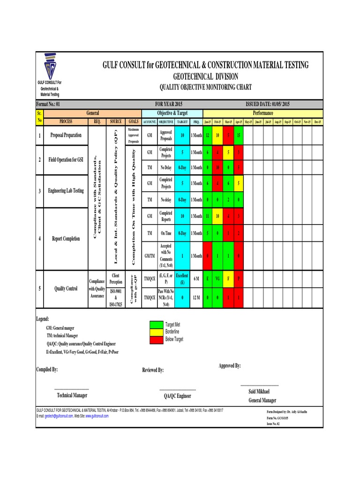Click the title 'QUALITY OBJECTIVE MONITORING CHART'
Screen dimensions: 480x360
coord(206,87)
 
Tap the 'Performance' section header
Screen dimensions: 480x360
coord(262,113)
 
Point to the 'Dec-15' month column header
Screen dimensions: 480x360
coord(317,122)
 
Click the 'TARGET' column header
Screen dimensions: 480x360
coord(182,122)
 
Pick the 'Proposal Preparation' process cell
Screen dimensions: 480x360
coord(66,135)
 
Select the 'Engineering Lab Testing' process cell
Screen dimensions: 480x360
coord(66,191)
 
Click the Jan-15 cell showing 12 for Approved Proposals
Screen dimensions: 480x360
coord(208,135)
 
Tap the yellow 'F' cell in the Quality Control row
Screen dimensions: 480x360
coord(228,278)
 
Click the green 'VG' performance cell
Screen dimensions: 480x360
coord(218,278)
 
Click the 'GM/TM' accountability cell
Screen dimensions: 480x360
coord(150,256)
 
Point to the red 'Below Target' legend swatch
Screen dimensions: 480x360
coord(156,338)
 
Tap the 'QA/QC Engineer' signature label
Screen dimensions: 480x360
coord(177,396)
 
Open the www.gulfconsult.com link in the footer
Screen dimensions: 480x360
coord(97,416)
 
